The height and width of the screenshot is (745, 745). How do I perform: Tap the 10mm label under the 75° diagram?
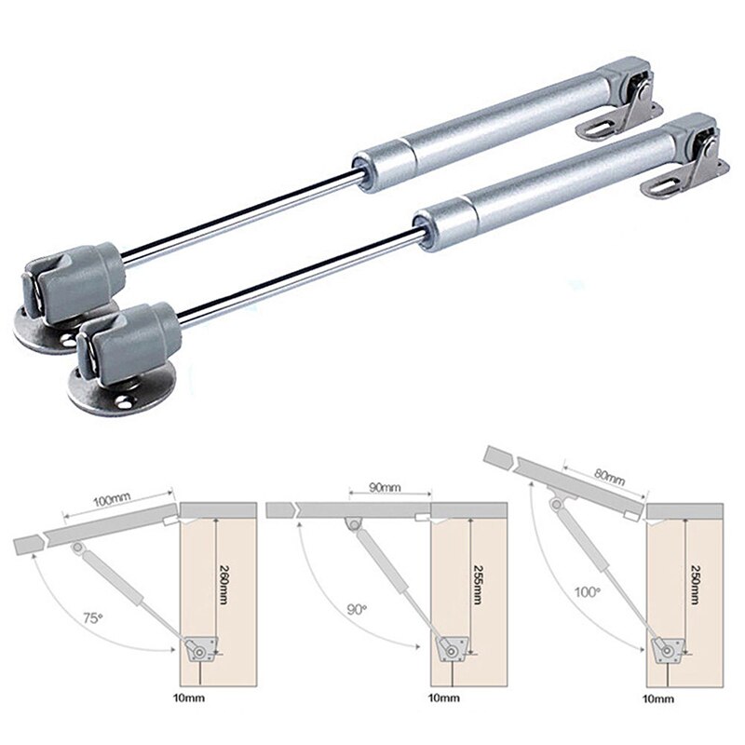coord(189,698)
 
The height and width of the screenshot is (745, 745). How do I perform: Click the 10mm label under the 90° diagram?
coord(442,698)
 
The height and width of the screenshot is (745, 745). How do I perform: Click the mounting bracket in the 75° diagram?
coord(198,649)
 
